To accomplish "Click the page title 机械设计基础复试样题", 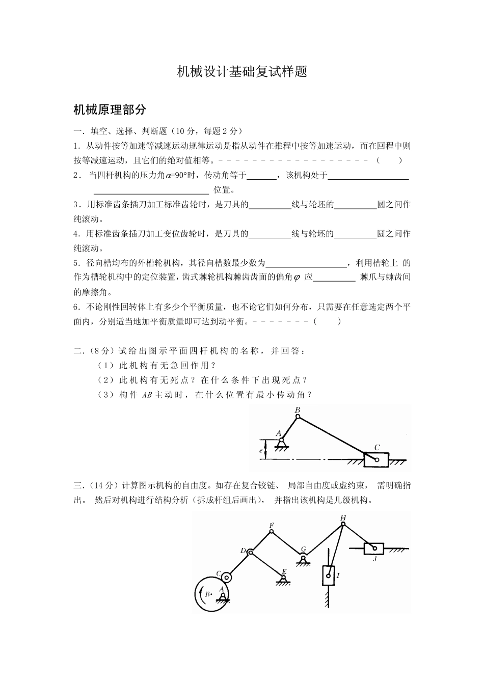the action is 242,72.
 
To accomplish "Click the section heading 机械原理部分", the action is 110,109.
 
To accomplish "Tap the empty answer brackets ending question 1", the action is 390,160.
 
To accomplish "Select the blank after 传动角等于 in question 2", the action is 262,176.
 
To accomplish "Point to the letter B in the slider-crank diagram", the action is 298,410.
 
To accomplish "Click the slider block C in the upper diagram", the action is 377,459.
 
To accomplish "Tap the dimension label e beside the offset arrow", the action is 260,451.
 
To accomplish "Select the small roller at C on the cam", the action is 226,577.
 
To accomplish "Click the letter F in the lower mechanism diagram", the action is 271,525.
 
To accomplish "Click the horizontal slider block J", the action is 374,549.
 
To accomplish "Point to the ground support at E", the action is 282,579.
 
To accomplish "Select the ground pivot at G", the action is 303,558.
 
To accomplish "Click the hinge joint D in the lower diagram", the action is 250,551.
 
